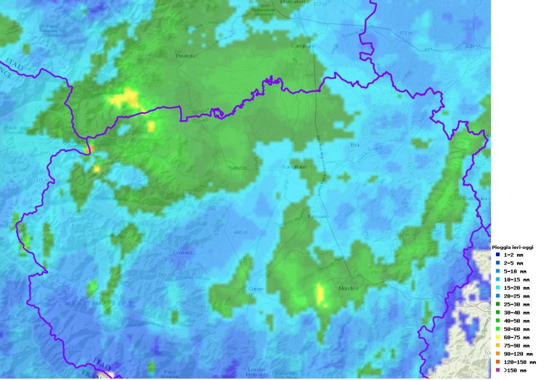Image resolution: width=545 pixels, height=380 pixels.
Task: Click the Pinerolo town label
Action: coord(185,56)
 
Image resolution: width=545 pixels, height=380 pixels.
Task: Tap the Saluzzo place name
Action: coord(237,168)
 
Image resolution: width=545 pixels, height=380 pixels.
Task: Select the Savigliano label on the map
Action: coord(294,167)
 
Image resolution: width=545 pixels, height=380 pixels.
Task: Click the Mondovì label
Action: coord(349,288)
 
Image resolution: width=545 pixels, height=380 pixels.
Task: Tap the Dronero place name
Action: coord(182,253)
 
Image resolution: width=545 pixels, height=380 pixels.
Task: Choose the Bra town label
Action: coord(355,145)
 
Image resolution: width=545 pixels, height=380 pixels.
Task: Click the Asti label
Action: coord(469,47)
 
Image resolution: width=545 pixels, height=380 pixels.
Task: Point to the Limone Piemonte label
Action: coord(257,372)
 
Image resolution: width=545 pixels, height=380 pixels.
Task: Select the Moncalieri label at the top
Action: coord(293,3)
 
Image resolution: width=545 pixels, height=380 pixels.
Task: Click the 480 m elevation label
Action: coord(240,232)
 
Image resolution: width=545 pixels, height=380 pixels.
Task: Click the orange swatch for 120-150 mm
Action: coord(498,362)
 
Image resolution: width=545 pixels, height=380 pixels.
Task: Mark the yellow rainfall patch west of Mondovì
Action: coord(320,294)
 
